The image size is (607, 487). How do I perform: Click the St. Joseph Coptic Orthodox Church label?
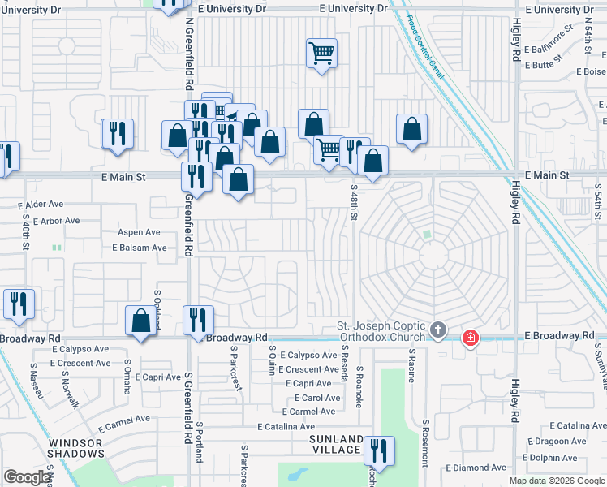[x=381, y=332]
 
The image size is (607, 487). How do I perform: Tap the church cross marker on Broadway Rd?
[x=438, y=330]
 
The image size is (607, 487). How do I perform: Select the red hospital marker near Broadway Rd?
[x=470, y=338]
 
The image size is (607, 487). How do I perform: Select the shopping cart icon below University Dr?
[x=322, y=54]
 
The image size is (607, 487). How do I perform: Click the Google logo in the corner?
[x=27, y=477]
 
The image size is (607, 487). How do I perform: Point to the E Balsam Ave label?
[x=140, y=248]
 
